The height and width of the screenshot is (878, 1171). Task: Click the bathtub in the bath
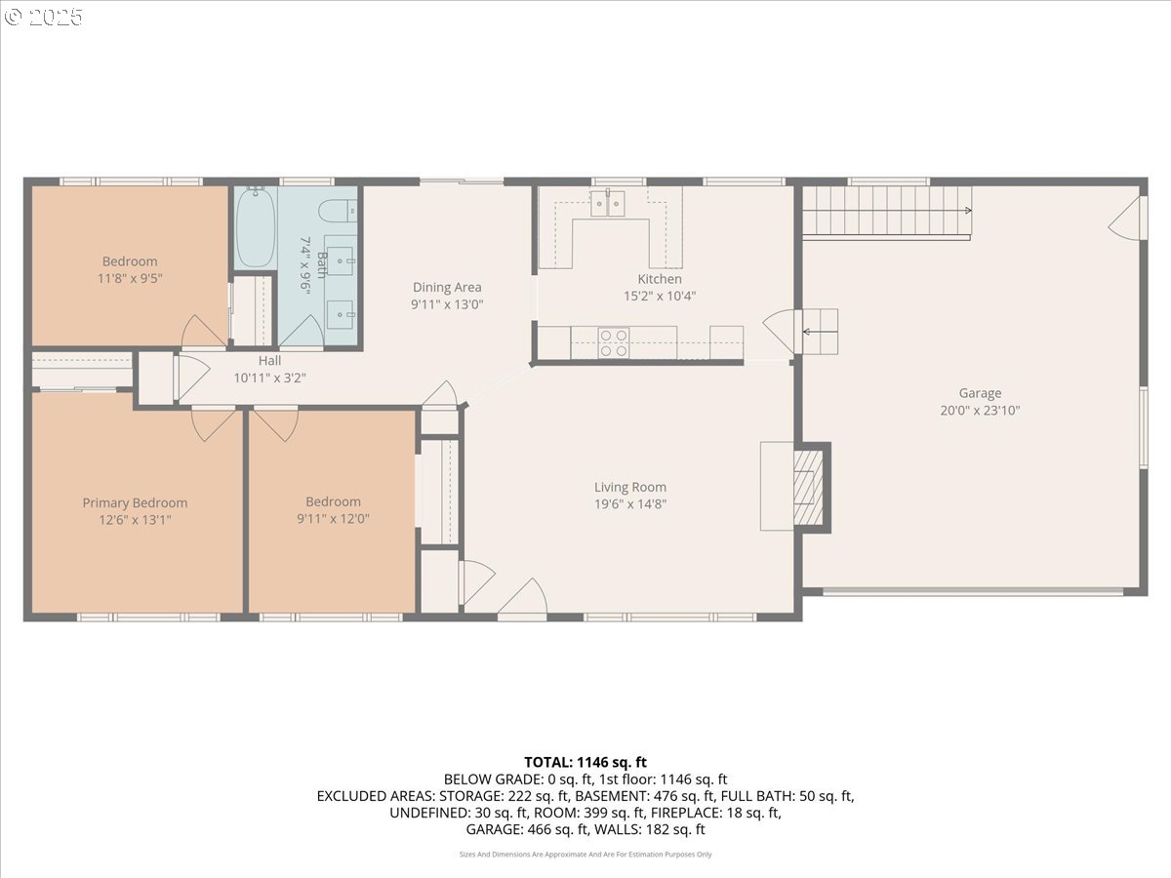255,227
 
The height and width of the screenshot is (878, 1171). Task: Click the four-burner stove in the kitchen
614,342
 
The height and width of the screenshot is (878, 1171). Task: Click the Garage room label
980,393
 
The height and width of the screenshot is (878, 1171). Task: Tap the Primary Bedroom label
135,502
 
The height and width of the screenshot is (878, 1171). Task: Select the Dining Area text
447,287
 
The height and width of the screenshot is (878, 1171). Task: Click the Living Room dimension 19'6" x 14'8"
630,504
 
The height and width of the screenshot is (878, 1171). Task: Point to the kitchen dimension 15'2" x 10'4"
660,296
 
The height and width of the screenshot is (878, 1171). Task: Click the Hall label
270,360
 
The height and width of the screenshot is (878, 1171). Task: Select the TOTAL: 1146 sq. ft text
585,762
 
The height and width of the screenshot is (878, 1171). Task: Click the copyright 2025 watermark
44,17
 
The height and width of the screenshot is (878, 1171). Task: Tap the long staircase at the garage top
886,211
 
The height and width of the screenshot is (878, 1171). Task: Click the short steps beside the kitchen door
820,331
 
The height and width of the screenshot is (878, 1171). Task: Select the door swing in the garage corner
1126,219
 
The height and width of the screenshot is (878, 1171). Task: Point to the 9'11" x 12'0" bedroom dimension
333,519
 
